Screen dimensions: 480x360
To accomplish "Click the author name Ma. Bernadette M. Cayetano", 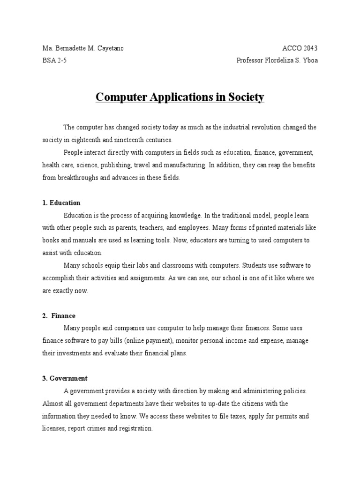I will pos(83,48).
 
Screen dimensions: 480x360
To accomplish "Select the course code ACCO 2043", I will pos(300,48).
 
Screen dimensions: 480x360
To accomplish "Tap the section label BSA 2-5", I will pos(54,60).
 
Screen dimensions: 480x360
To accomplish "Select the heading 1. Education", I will pos(61,203).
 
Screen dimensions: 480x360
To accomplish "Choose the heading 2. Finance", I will pos(59,316).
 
